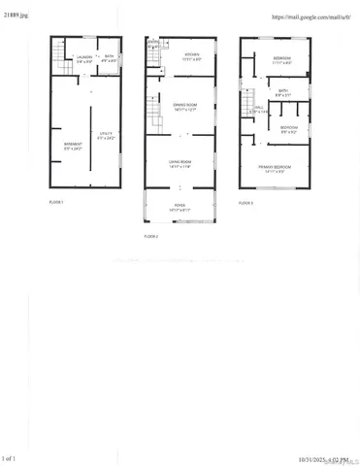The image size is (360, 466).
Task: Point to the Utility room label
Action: tap(106, 137)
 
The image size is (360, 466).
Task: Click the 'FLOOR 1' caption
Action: tap(56, 202)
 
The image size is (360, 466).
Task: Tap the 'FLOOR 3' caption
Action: tap(245, 202)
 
